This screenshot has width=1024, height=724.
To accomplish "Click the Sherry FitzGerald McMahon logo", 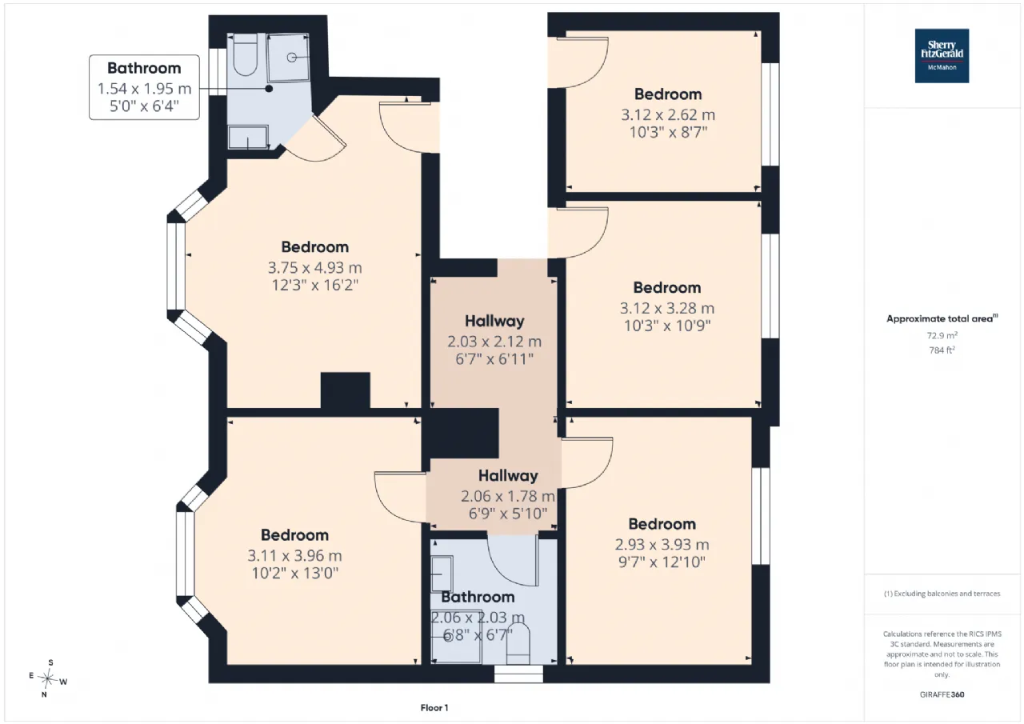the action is click(942, 56).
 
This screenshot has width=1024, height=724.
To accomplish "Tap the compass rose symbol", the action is click(47, 678).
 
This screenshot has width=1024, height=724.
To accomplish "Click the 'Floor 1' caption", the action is click(434, 707).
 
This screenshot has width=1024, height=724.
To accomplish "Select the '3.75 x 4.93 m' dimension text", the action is click(315, 267).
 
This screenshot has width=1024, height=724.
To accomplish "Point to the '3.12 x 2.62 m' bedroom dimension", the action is click(668, 114).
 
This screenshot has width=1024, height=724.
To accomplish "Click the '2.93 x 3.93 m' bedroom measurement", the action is click(662, 544).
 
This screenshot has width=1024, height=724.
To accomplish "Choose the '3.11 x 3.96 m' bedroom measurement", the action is click(295, 555).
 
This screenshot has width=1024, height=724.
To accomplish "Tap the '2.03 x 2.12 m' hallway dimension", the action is click(494, 342).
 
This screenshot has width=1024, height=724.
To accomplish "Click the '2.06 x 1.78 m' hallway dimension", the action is click(508, 496).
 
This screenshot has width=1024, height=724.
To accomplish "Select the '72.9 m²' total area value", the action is click(942, 335).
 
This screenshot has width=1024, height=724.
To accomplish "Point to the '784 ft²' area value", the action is click(942, 350).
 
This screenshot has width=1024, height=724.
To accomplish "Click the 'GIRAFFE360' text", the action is click(942, 694).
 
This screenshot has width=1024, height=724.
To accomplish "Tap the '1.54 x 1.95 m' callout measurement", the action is click(144, 89).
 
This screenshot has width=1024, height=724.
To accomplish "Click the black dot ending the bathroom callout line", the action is click(270, 89).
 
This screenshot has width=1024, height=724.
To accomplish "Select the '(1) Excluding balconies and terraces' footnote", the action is click(942, 594).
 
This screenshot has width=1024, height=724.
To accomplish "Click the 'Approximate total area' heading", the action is click(942, 318).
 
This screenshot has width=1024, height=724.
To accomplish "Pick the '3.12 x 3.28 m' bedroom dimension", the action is click(667, 308).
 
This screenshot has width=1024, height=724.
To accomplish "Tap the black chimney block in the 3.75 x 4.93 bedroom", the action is click(345, 390).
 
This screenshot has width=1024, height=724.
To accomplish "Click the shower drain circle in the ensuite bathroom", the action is click(292, 57).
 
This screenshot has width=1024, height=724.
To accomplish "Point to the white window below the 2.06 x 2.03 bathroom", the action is click(519, 674).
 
